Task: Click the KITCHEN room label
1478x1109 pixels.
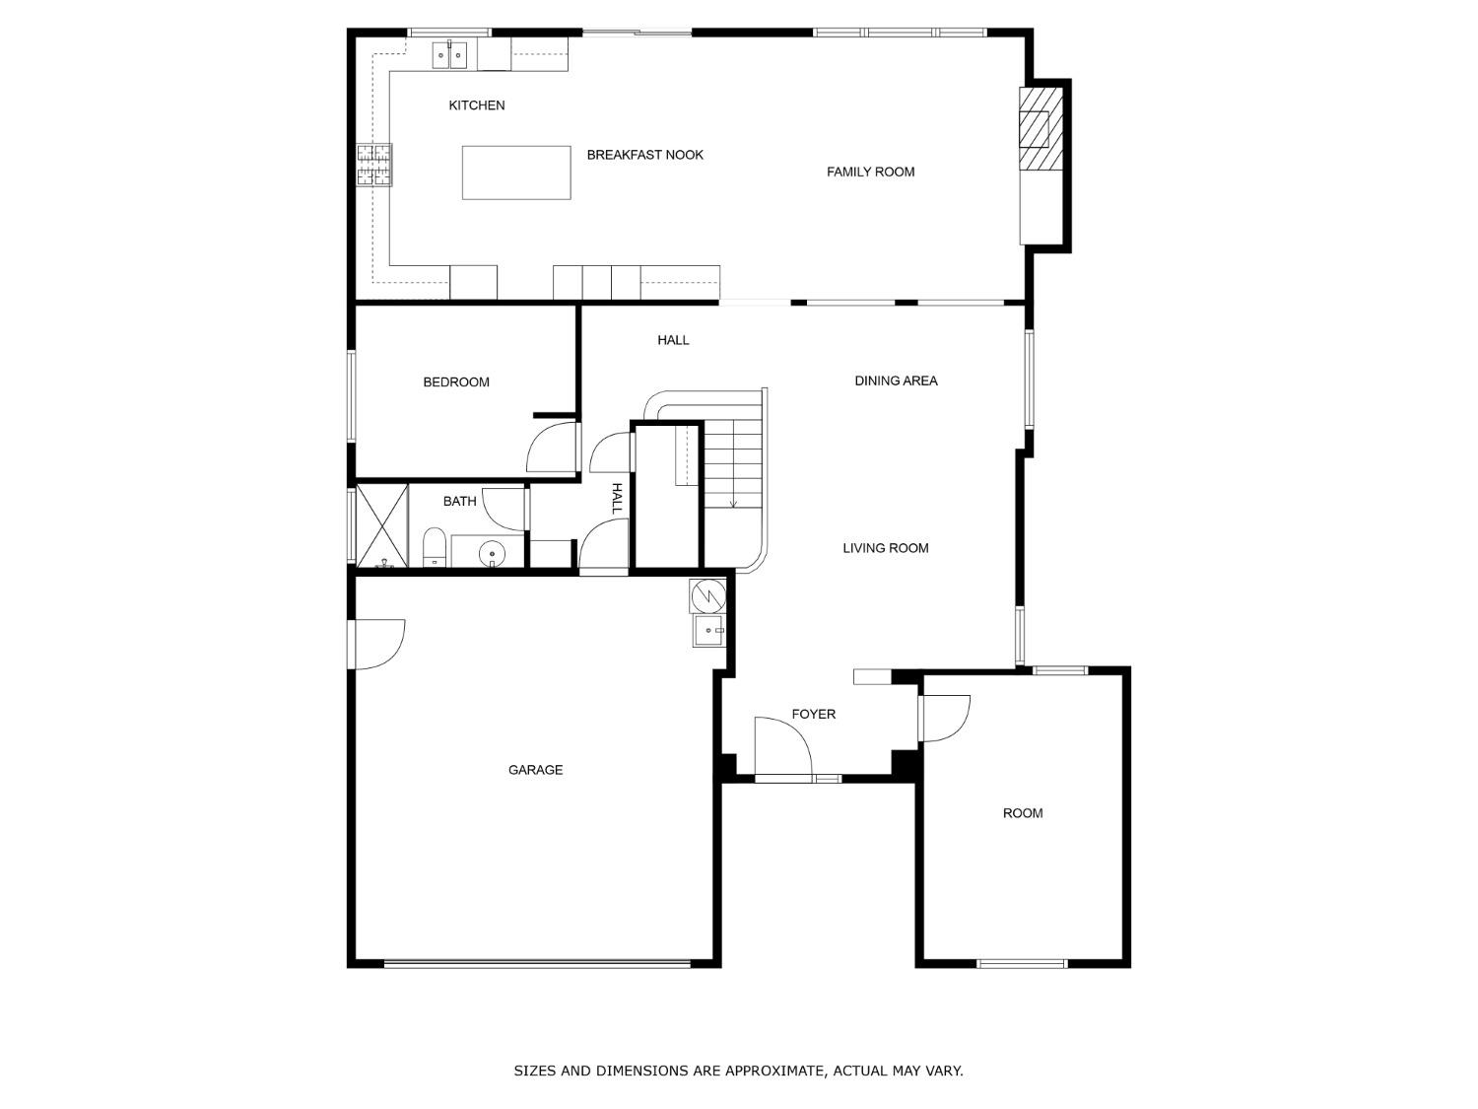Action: [477, 105]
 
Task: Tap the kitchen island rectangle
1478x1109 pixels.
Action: [516, 173]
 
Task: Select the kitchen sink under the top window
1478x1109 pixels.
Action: [449, 55]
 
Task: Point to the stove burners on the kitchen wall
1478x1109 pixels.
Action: [373, 165]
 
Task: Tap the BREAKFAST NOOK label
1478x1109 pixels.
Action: [644, 155]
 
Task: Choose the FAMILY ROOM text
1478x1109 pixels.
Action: [870, 172]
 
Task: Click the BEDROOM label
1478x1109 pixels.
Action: [456, 382]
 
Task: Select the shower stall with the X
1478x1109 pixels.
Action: [381, 525]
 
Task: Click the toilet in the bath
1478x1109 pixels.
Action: [435, 549]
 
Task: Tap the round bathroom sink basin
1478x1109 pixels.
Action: [492, 555]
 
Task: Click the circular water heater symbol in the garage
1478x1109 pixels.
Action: [707, 595]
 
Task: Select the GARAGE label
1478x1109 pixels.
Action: [535, 770]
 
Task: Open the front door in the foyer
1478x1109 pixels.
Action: [781, 749]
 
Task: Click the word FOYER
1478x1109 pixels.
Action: [813, 714]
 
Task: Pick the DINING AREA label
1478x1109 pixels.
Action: [896, 381]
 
